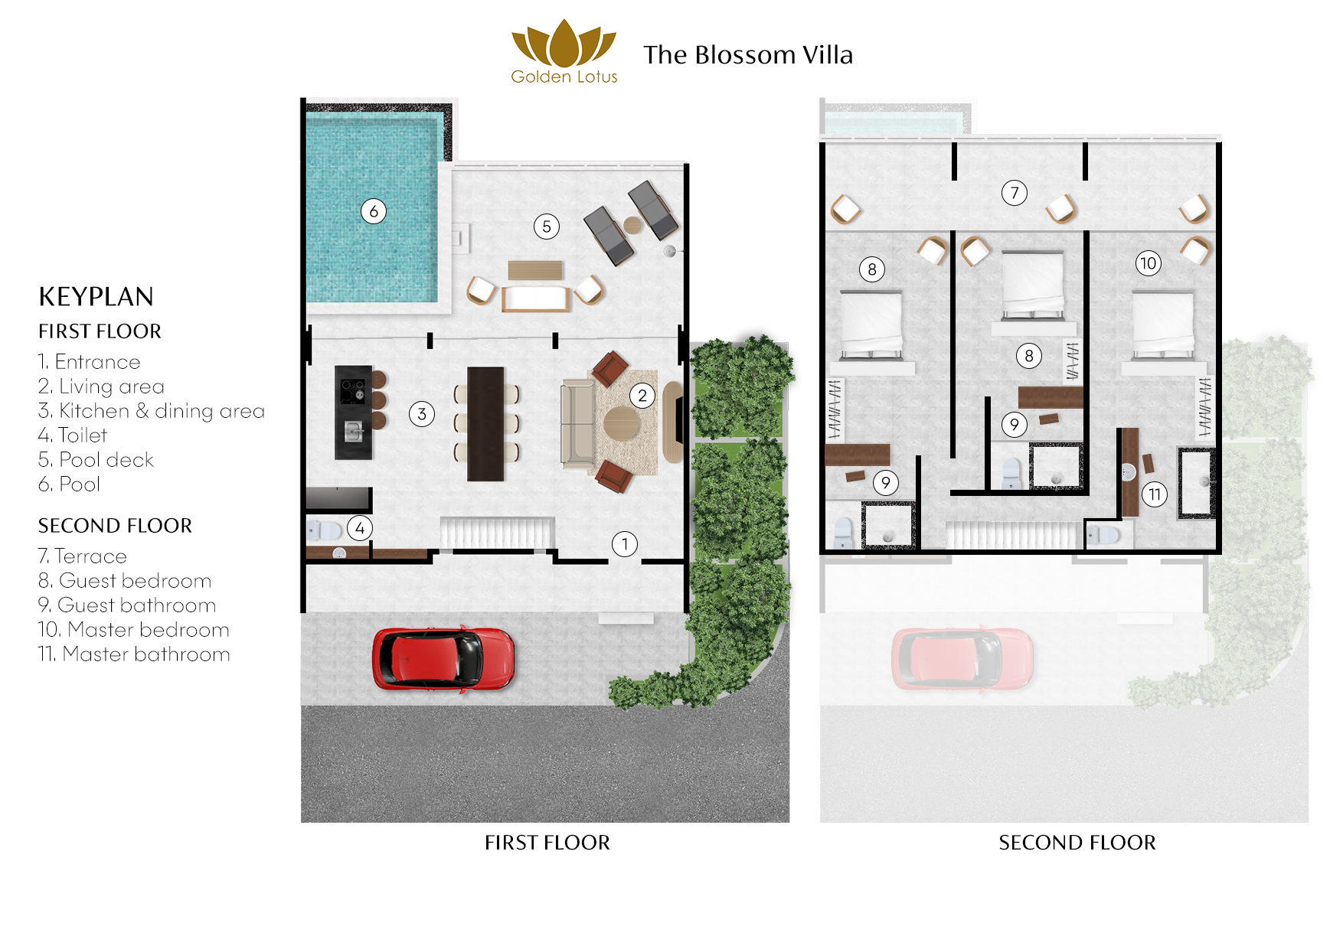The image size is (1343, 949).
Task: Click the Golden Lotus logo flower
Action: [x=564, y=44]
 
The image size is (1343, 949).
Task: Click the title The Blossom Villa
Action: [x=747, y=55]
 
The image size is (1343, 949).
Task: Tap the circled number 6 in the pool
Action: [x=374, y=211]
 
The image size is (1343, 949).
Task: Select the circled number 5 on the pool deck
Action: [x=547, y=227]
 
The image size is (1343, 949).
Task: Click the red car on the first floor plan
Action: [x=443, y=659]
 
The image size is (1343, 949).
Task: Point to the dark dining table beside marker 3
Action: [x=485, y=423]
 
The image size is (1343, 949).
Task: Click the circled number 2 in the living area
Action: [x=642, y=396]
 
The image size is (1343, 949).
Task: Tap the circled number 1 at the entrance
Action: [x=625, y=544]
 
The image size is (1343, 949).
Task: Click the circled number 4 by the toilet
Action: [x=360, y=527]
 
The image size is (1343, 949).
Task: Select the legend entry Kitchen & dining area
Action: [x=152, y=411]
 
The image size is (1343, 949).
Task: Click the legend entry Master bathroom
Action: [x=134, y=654]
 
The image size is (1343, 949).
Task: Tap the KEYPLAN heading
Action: [x=96, y=297]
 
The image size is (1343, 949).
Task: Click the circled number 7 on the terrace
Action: [x=1015, y=193]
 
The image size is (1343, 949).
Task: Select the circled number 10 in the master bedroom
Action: [x=1148, y=263]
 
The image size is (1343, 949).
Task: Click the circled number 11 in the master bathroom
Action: [x=1155, y=494]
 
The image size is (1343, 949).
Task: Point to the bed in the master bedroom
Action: [x=1163, y=326]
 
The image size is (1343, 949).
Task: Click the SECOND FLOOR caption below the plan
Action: [x=1077, y=843]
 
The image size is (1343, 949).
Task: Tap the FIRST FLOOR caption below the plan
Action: [x=547, y=843]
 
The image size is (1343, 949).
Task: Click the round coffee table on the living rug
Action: [x=622, y=423]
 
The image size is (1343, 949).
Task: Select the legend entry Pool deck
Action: [x=96, y=460]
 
